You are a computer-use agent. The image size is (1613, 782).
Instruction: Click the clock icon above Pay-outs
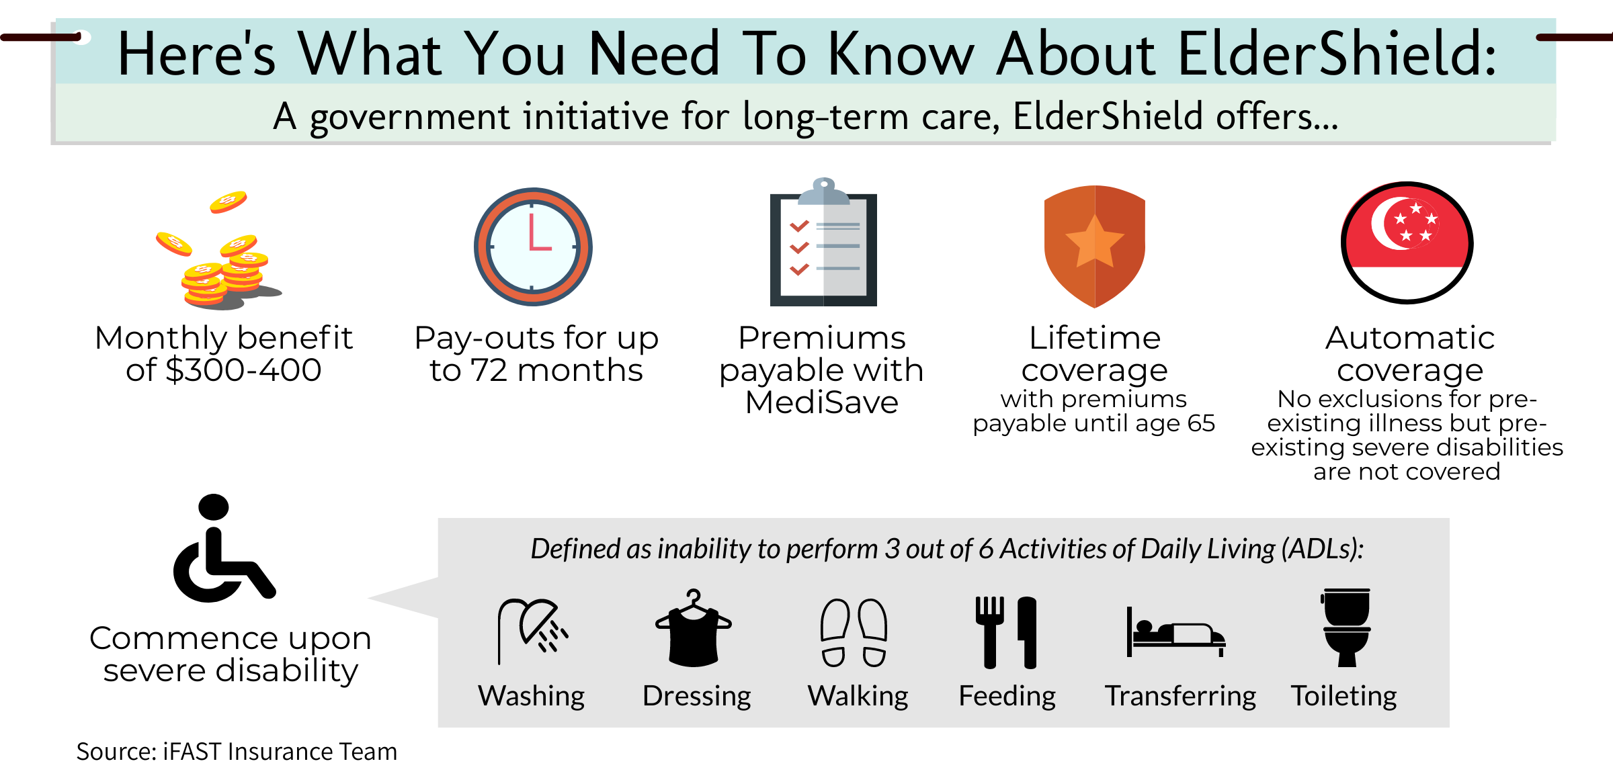coord(533,247)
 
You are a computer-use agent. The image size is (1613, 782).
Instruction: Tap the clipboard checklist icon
coord(823,242)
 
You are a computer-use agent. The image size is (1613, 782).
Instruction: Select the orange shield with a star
coord(1095,247)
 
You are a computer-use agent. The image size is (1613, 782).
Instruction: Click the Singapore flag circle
coord(1407,243)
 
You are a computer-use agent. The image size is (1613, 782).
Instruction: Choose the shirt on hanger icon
coord(694,628)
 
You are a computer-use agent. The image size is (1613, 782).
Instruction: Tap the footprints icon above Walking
coord(854,632)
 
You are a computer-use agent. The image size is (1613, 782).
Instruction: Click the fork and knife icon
coord(1006,632)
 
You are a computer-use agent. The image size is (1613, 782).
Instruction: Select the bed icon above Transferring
coord(1176,632)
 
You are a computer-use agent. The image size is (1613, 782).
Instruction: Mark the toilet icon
coord(1346,627)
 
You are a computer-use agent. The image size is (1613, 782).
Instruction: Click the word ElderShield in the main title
coord(1337,54)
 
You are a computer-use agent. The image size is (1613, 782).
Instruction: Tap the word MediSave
coord(822,402)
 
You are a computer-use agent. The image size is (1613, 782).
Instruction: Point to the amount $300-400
coord(243,370)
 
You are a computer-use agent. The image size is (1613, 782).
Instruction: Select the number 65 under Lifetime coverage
coord(1201,423)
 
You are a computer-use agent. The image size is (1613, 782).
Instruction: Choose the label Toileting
coord(1343,696)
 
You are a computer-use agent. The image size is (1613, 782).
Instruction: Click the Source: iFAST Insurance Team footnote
coord(237,752)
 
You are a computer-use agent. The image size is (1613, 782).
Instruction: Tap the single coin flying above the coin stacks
coord(228,202)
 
